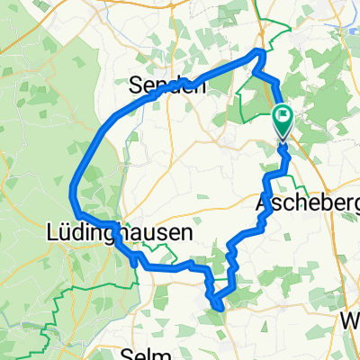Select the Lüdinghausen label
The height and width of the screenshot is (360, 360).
pos(118,232)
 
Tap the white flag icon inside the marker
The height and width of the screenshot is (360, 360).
pos(283,114)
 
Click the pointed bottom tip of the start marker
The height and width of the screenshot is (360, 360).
pos(283,139)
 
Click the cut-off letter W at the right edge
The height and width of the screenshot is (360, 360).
pos(352,320)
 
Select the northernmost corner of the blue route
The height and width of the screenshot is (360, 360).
pos(261,53)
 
